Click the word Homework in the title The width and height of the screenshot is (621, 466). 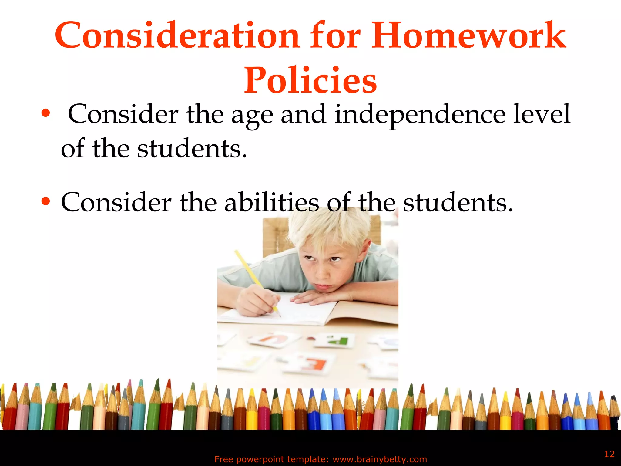click(469, 36)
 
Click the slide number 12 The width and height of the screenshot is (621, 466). click(609, 454)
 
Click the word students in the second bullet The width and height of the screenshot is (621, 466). click(458, 202)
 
